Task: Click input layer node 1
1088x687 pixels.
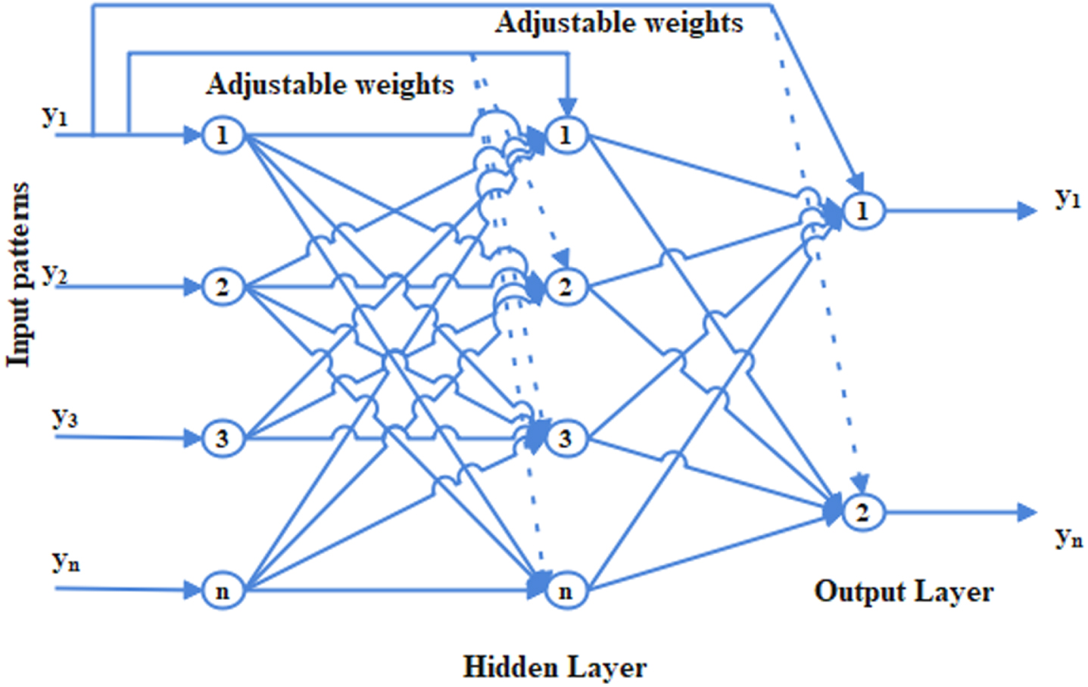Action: coord(223,135)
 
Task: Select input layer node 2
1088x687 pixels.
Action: coord(223,288)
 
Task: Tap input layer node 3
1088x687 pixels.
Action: coord(223,439)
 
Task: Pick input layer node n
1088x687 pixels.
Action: coord(223,591)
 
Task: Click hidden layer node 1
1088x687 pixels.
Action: coord(566,135)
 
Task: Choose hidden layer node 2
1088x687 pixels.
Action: coord(566,288)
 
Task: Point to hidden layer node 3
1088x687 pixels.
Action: coord(566,439)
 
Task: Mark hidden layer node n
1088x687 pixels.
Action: coord(566,591)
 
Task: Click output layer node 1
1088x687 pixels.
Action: coord(863,211)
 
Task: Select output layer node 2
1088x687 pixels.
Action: coord(863,512)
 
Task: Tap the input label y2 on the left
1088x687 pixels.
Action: coord(55,275)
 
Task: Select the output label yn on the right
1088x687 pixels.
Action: coord(1069,539)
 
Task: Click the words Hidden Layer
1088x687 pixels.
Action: coord(555,667)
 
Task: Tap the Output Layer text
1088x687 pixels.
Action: coord(904,592)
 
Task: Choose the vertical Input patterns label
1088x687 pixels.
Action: coord(18,275)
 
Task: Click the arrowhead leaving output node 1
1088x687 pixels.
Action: coord(1027,211)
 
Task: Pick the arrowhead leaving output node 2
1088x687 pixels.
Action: coord(1027,512)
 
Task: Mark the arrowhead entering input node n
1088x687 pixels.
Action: coord(192,591)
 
